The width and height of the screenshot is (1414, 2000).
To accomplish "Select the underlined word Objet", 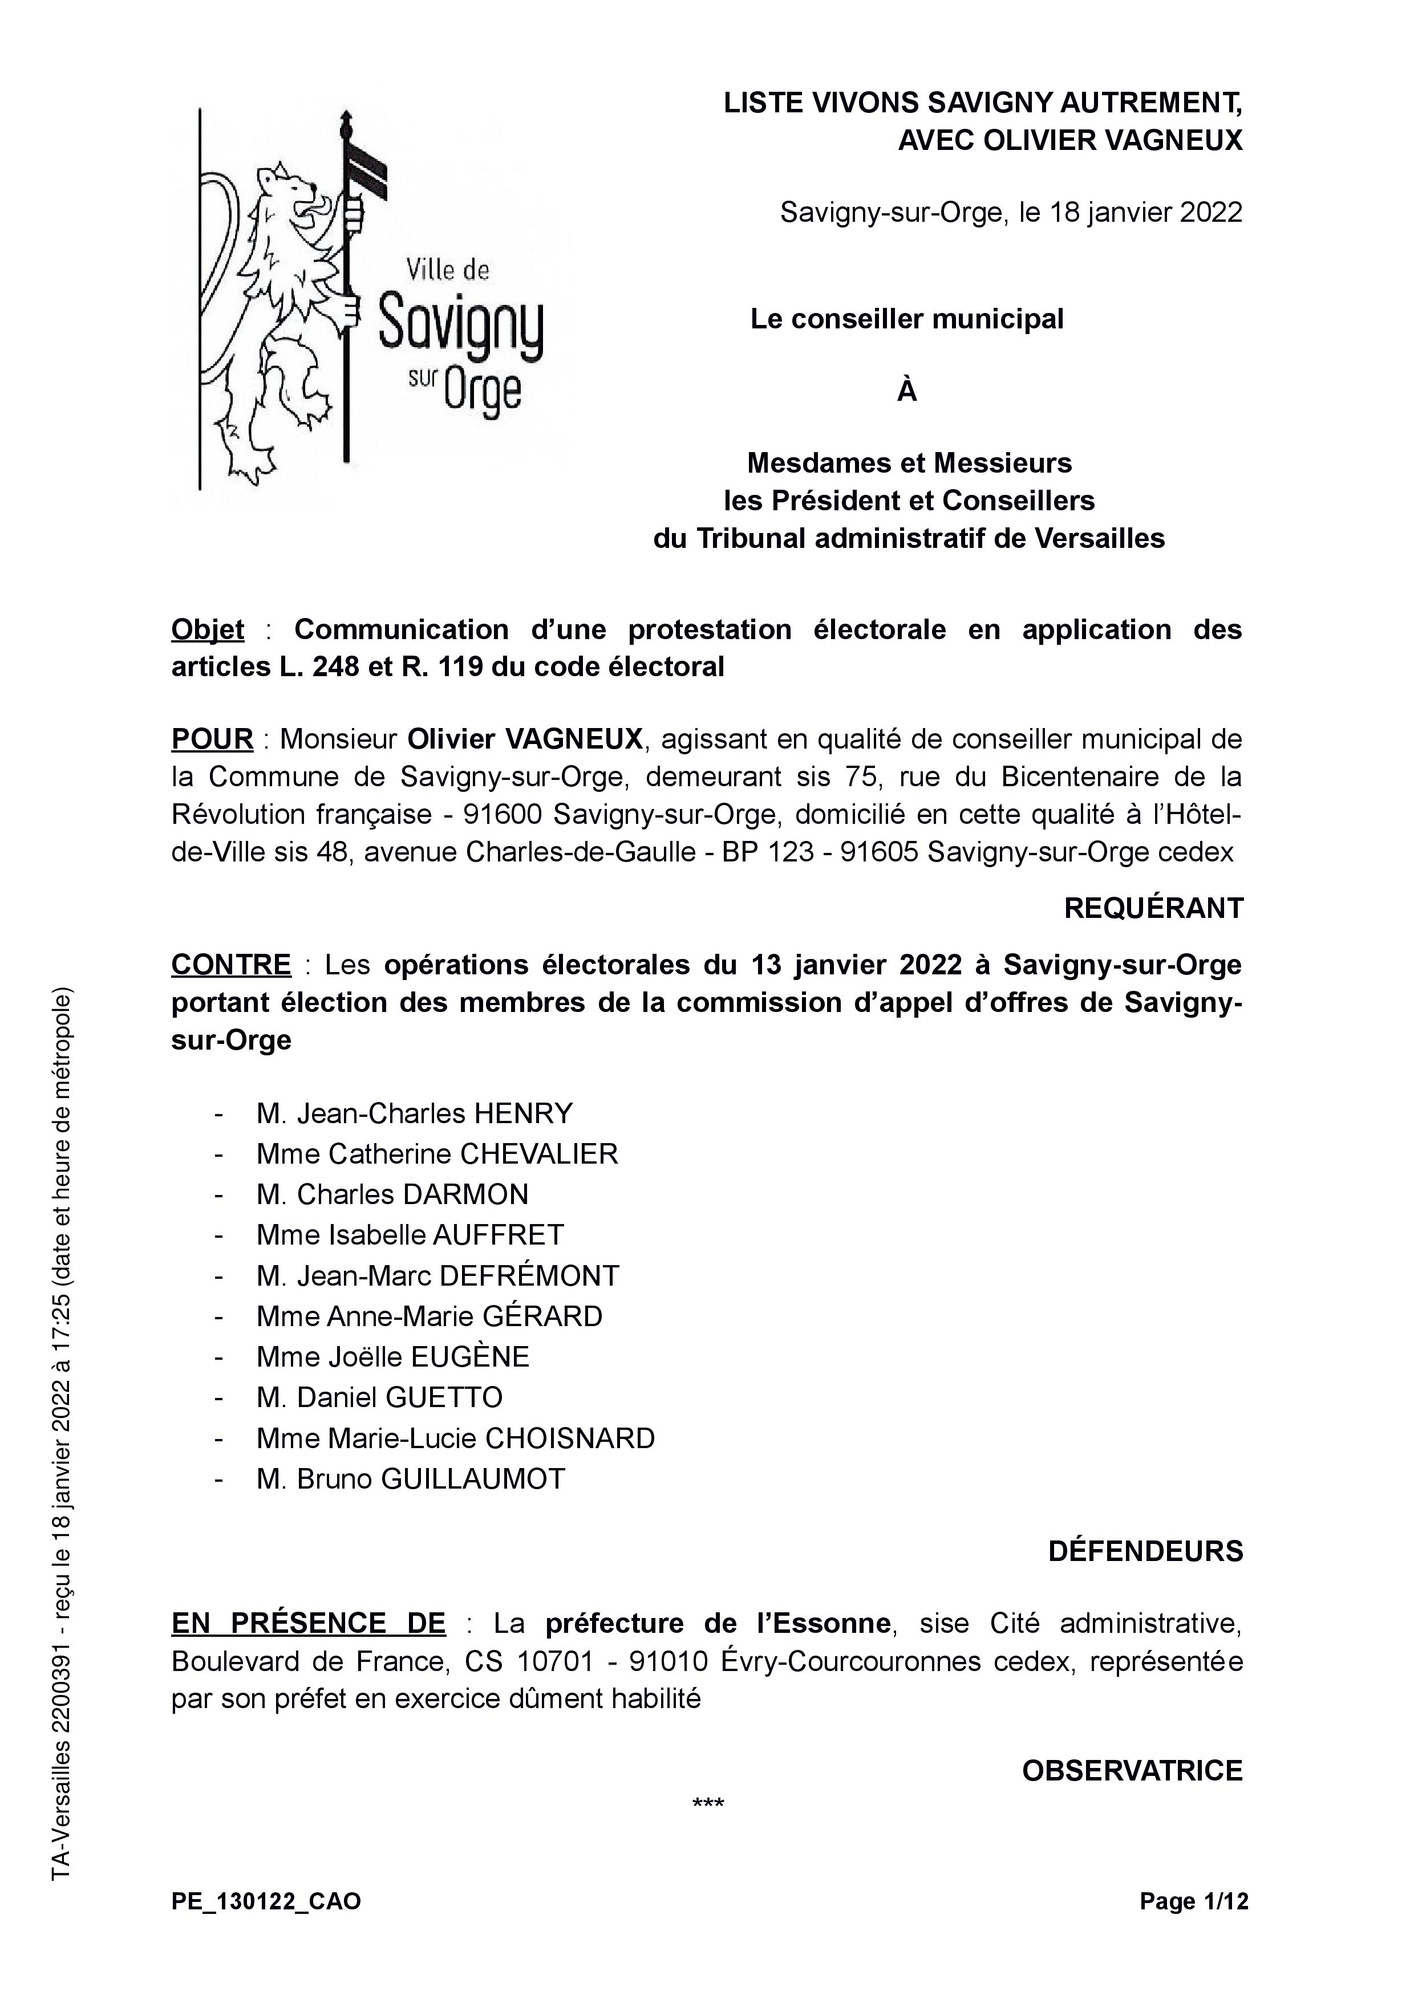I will click(208, 629).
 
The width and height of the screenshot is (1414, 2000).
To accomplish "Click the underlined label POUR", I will click(212, 739).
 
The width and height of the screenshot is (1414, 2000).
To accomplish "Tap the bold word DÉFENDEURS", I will click(1145, 1551).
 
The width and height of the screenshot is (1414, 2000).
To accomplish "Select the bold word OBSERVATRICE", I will click(1132, 1771).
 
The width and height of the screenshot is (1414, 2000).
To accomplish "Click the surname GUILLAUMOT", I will click(473, 1478).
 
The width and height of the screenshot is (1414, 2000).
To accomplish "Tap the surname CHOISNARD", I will click(569, 1438).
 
